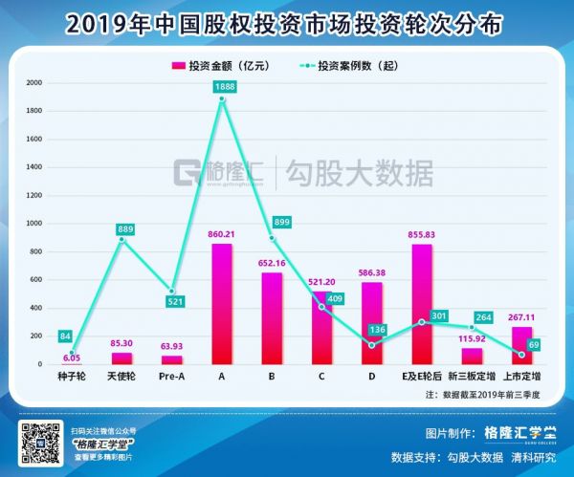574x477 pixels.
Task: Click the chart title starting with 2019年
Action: click(x=286, y=22)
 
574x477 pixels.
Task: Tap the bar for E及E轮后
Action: click(x=422, y=304)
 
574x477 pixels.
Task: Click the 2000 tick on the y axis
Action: click(x=34, y=83)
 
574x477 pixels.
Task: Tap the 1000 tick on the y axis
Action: click(x=34, y=224)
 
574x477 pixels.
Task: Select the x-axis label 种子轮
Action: click(x=72, y=377)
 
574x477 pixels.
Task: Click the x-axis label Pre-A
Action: click(x=171, y=377)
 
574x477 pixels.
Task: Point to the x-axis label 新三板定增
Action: click(x=473, y=377)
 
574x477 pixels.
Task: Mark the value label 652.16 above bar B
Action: click(x=272, y=263)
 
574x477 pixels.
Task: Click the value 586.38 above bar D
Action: click(x=372, y=272)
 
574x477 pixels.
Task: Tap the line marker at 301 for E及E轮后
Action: click(x=422, y=322)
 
